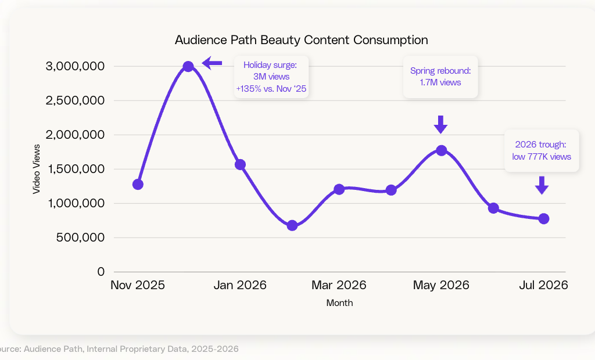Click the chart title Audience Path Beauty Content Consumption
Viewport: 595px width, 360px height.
click(x=302, y=40)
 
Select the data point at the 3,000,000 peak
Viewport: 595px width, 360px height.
click(x=188, y=67)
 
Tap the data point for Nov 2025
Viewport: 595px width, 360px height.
click(x=138, y=185)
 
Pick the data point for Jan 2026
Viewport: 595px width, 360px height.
click(x=240, y=165)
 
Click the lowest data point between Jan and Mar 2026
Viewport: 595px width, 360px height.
click(x=292, y=226)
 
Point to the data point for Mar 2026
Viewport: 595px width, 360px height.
click(x=339, y=189)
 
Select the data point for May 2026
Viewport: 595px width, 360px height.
click(x=441, y=150)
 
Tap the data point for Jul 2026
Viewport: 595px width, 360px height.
click(x=543, y=218)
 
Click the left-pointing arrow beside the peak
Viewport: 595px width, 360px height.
click(x=212, y=63)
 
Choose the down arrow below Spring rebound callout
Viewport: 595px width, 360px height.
click(x=440, y=124)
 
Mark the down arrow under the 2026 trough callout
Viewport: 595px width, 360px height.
click(x=542, y=185)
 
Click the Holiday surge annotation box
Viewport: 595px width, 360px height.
click(x=271, y=77)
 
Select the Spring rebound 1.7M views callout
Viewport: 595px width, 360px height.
click(x=440, y=77)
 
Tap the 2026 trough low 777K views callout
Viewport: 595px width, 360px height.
click(x=542, y=150)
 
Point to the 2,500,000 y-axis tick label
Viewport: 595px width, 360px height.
click(x=75, y=100)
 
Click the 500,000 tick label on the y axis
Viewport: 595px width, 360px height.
click(x=80, y=237)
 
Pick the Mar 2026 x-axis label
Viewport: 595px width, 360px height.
click(x=339, y=285)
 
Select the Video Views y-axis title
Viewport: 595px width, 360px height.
click(x=37, y=169)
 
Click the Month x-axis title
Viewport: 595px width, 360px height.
click(x=339, y=303)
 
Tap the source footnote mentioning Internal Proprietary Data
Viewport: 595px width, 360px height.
click(x=119, y=349)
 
